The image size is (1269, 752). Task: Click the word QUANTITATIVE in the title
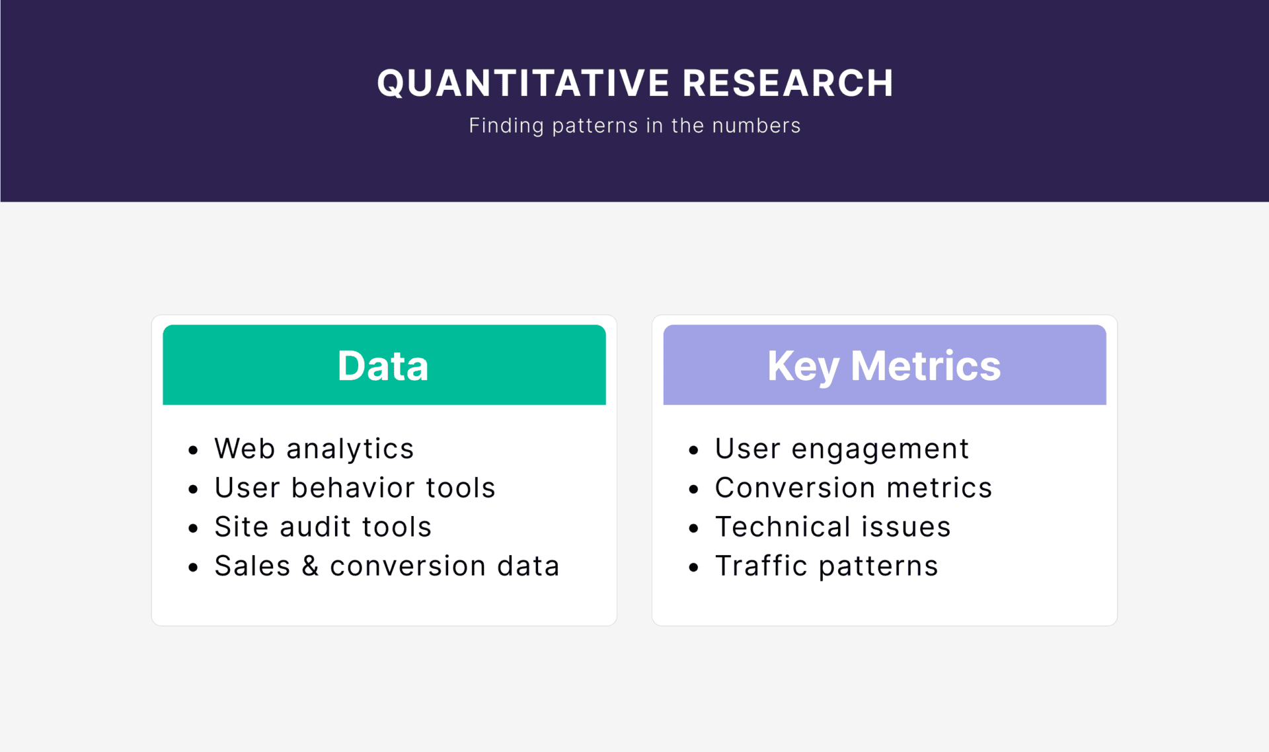[523, 84]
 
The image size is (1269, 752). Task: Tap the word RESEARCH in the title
[788, 83]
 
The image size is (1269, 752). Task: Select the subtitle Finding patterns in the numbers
[634, 126]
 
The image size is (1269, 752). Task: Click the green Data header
[384, 365]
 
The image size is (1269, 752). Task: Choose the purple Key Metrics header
[884, 365]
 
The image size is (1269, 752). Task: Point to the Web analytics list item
[314, 449]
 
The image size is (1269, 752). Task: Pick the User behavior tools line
[355, 488]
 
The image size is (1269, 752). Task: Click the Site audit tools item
[323, 527]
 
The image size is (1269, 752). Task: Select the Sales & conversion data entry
[387, 566]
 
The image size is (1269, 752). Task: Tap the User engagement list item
[842, 449]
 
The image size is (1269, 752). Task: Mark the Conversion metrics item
[853, 488]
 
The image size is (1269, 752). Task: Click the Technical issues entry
[833, 527]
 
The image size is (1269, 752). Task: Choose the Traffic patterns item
[827, 566]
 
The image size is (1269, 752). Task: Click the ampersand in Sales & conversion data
[310, 566]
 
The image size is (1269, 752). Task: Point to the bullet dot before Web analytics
[193, 451]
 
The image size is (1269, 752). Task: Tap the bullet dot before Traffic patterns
[693, 568]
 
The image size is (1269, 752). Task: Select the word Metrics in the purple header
[925, 365]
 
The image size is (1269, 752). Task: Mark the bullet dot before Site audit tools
[193, 529]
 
